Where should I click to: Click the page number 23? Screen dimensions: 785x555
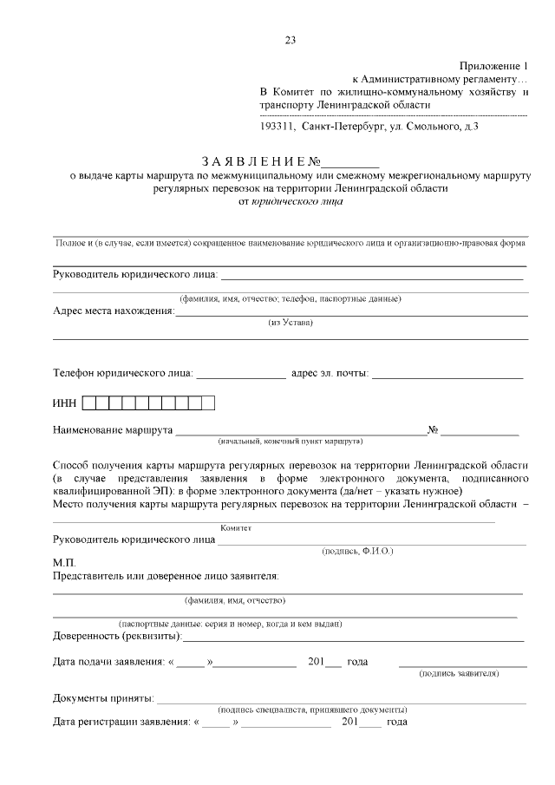290,39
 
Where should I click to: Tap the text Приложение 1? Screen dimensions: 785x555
493,66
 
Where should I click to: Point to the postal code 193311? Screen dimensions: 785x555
277,127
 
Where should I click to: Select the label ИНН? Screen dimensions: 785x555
65,402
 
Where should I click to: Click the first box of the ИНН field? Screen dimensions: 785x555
101,402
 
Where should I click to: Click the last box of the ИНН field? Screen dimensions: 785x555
208,402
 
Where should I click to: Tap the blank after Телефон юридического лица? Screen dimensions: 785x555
241,376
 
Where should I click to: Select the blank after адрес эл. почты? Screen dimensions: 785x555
447,376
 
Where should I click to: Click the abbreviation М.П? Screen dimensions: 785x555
64,562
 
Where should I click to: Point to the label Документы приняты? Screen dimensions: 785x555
104,698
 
